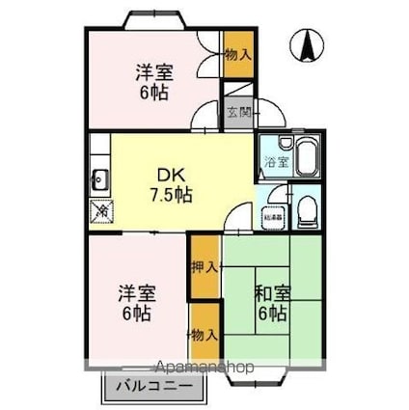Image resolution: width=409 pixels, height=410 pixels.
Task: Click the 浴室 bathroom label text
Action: point(276,162)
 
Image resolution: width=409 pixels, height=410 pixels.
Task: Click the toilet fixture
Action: point(306,210)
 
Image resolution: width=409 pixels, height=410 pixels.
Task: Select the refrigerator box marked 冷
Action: point(99,213)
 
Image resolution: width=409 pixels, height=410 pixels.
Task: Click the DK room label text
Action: point(172,176)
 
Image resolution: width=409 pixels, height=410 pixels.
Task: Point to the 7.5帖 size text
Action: point(172,194)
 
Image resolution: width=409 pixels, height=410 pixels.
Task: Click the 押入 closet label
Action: point(203,266)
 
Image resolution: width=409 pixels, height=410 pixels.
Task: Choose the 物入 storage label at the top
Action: point(237,54)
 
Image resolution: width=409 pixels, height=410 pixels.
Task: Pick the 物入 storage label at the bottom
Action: point(203,334)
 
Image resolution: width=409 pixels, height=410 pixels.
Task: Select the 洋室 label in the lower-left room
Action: point(136,291)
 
